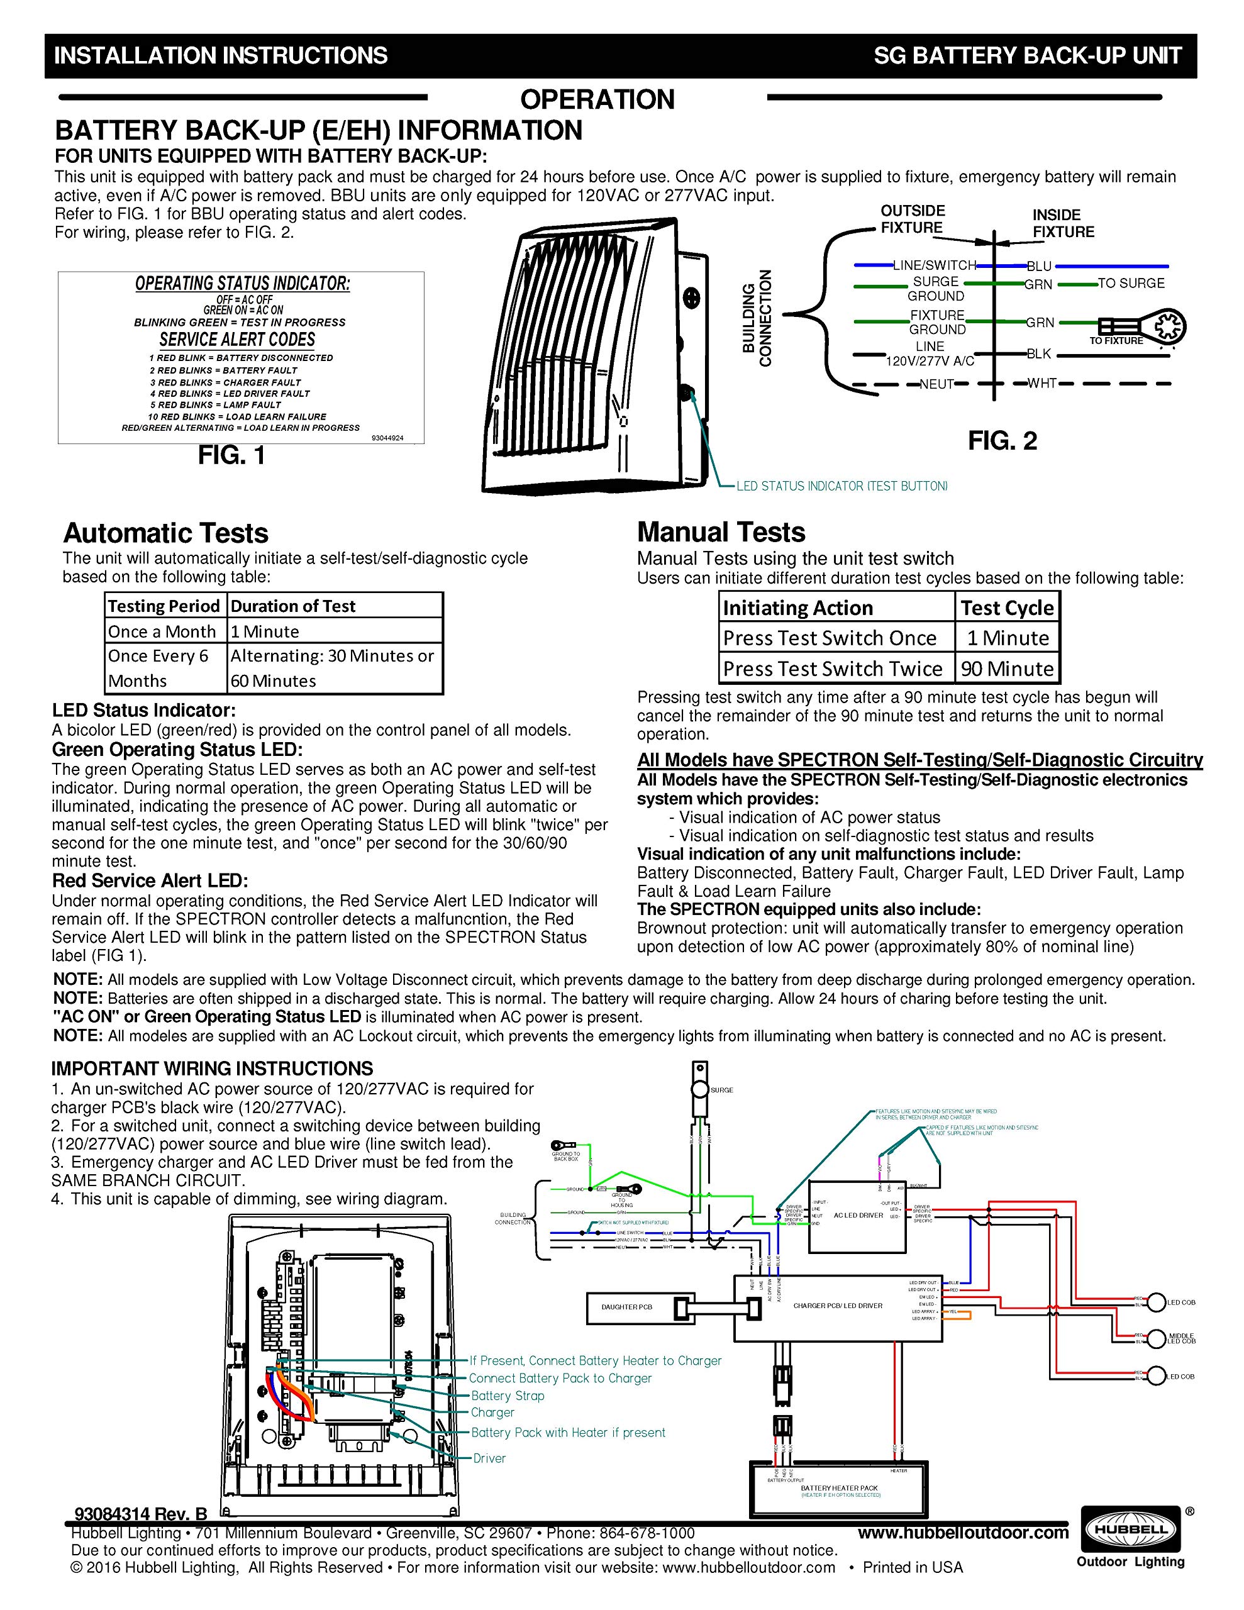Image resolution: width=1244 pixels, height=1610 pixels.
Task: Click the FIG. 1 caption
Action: click(x=231, y=455)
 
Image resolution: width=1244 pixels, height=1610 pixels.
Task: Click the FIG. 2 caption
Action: click(x=1002, y=441)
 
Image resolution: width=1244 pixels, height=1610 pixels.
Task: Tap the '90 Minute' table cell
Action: click(x=1006, y=669)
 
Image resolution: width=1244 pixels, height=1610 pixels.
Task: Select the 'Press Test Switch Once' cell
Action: click(x=830, y=638)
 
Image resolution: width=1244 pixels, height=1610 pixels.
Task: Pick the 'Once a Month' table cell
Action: click(x=162, y=631)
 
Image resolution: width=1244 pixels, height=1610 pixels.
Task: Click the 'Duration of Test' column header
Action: click(x=294, y=606)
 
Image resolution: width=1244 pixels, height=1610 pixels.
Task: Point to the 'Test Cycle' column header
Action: click(x=1006, y=608)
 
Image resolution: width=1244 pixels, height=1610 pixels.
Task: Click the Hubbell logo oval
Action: click(x=1130, y=1529)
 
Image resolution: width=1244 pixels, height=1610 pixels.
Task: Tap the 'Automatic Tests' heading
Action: click(x=166, y=533)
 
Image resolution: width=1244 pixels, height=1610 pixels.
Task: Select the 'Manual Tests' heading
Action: click(x=721, y=532)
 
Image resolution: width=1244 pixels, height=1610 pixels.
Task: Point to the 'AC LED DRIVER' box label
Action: click(x=858, y=1216)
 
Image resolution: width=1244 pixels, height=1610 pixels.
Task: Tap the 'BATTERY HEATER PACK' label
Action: click(x=839, y=1487)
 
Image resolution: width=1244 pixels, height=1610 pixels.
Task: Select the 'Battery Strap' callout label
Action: click(x=508, y=1396)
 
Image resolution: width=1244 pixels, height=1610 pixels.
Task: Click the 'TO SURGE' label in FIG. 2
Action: click(x=1130, y=283)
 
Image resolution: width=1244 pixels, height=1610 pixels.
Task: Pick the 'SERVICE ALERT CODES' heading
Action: click(x=238, y=340)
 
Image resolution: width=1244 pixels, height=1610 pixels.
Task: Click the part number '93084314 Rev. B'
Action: click(x=141, y=1515)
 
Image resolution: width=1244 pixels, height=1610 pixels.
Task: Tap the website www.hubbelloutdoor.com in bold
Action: click(x=963, y=1533)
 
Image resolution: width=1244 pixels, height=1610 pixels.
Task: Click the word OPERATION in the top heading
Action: click(x=597, y=99)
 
